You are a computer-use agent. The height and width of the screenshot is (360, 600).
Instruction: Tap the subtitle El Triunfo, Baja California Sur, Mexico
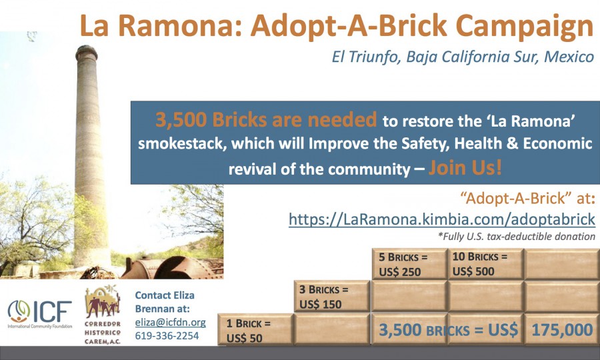[463, 57]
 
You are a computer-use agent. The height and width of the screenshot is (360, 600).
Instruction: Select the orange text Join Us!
[465, 168]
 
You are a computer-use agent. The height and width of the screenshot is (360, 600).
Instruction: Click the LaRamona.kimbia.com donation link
[442, 219]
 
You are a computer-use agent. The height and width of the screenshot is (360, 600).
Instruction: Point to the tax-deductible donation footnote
[517, 237]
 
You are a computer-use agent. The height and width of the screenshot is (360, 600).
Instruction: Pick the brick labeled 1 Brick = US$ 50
[255, 330]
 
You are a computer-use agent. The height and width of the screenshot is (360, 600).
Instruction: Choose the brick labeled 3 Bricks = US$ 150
[332, 296]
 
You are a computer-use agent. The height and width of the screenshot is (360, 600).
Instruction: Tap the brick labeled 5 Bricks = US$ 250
[409, 264]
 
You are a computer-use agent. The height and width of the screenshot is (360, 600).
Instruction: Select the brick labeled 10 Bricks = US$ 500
[485, 264]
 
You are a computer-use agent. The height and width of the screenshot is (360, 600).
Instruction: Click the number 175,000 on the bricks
[562, 330]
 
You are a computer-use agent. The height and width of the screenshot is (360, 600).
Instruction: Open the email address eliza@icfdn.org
[170, 323]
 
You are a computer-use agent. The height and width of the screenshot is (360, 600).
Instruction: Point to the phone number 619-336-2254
[167, 335]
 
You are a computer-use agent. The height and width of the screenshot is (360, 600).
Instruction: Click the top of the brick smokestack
[87, 49]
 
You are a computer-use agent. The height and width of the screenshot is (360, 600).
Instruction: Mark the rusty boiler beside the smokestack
[172, 268]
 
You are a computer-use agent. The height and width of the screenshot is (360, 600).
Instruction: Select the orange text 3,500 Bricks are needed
[266, 119]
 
